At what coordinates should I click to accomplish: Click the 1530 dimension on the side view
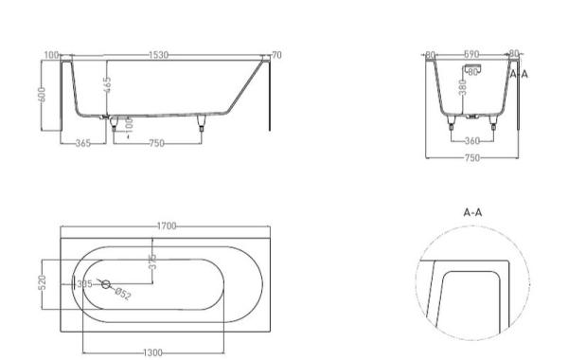(x=157, y=56)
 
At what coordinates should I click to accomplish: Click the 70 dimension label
(x=276, y=56)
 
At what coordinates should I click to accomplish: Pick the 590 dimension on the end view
(x=470, y=56)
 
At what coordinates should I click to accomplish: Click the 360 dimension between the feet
(x=471, y=141)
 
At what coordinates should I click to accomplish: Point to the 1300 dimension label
(x=151, y=351)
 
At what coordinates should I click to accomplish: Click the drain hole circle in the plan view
(x=106, y=284)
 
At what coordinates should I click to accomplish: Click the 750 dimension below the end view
(x=470, y=156)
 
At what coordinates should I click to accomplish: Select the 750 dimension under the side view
(x=155, y=143)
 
